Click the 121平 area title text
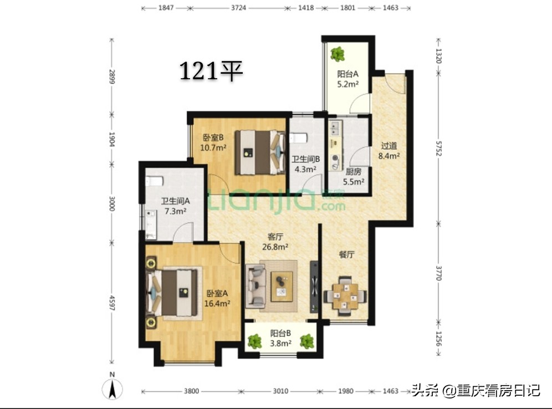click(211, 71)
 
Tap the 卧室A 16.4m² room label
click(218, 298)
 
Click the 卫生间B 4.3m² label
click(304, 164)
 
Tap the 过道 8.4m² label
click(389, 151)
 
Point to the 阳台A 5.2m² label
click(347, 79)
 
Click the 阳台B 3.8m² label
click(281, 338)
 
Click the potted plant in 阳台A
click(337, 54)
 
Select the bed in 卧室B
click(258, 151)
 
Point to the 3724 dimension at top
click(238, 8)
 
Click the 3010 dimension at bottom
click(280, 391)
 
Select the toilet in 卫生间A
click(154, 180)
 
